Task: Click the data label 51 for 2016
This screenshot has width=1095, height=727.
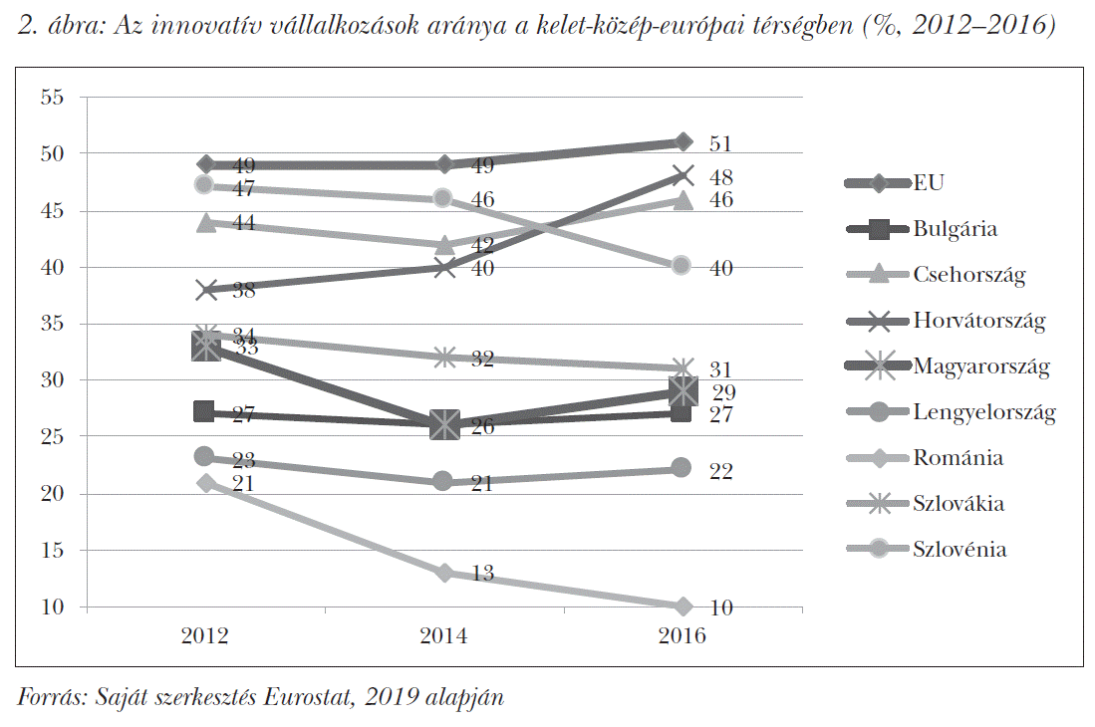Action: [719, 144]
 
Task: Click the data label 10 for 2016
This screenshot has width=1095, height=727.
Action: [719, 608]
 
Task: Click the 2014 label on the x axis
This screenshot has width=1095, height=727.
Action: [443, 636]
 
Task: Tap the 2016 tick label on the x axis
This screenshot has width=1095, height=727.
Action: [682, 636]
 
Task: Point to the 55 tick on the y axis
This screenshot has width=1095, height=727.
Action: [53, 98]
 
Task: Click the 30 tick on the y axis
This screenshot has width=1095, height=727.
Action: [53, 380]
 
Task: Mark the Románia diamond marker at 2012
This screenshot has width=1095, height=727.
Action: [206, 483]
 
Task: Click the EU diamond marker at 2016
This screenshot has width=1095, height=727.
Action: [682, 142]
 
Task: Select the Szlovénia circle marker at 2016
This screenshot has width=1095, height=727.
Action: [682, 265]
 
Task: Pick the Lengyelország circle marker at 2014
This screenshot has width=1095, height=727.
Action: [443, 482]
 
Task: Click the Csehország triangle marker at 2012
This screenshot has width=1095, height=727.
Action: [206, 223]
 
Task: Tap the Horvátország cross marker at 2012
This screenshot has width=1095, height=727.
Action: [206, 291]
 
